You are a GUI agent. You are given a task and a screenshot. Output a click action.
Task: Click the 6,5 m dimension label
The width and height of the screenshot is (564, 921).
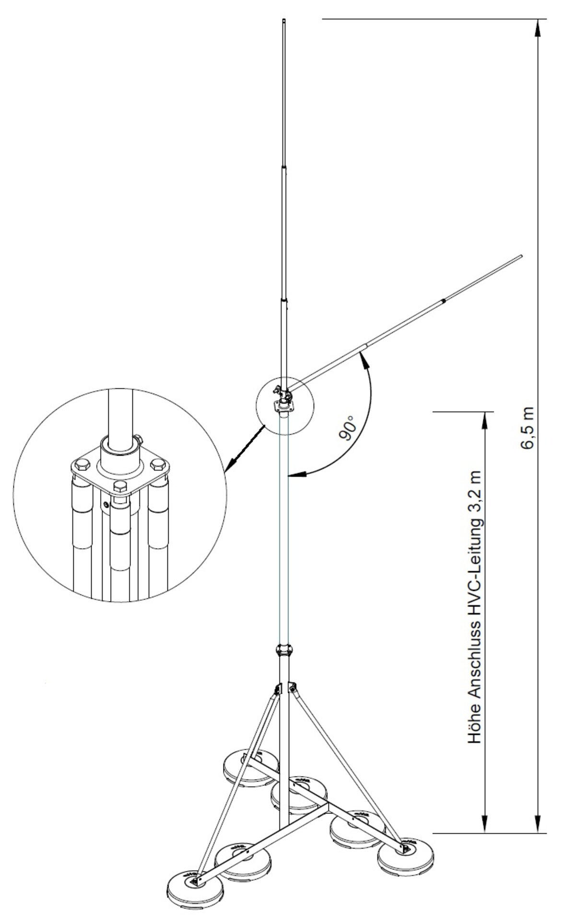(527, 428)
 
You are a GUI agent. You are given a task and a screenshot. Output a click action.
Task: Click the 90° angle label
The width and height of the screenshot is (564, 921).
(348, 428)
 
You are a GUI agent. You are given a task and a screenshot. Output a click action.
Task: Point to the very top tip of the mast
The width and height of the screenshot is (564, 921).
(283, 20)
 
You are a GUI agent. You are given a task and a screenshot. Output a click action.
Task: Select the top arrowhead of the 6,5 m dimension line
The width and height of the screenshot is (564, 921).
(538, 25)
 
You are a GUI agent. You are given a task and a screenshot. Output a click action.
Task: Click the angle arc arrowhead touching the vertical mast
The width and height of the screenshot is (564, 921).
(294, 475)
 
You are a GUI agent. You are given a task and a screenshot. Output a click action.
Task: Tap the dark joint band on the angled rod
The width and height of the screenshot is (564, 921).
(444, 301)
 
